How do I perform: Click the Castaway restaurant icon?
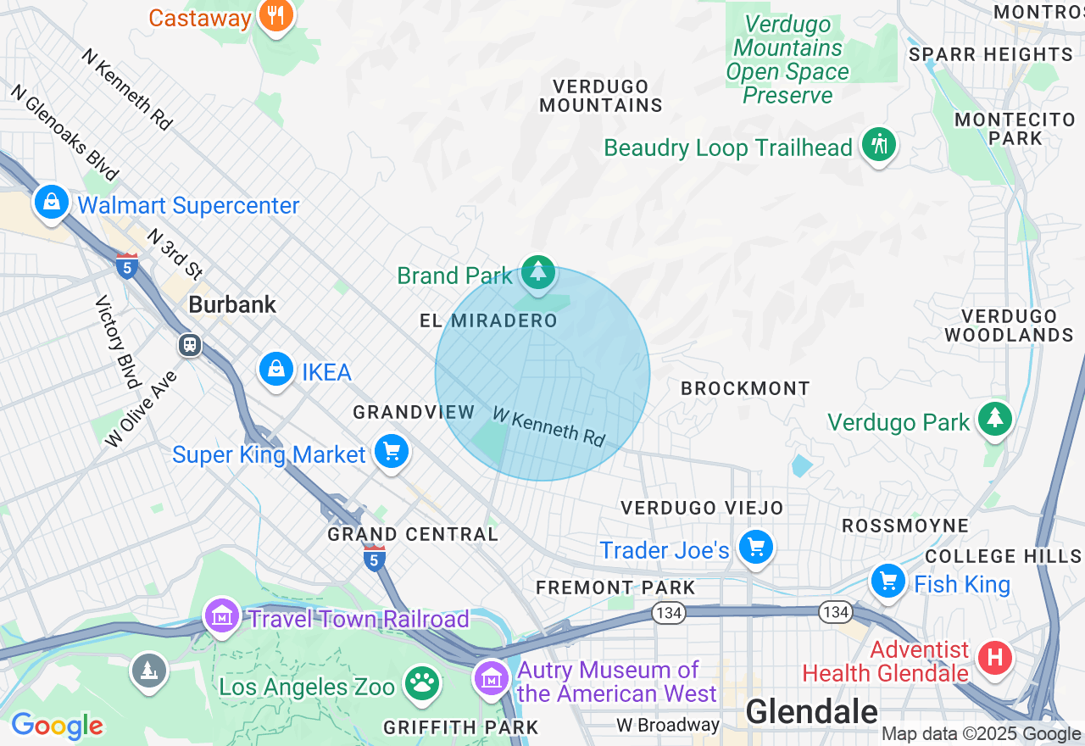275,15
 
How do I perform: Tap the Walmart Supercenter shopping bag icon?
52,203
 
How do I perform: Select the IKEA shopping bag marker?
275,370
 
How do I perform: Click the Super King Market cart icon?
391,453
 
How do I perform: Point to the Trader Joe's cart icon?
754,548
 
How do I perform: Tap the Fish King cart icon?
888,582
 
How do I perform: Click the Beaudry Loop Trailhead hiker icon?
879,146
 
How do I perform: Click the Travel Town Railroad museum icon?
222,616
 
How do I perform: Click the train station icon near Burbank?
189,345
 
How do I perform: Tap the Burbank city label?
232,305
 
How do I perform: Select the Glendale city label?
811,711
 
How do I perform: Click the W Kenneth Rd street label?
548,426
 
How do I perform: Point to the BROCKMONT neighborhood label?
745,388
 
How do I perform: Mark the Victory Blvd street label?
118,342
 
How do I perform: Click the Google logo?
57,727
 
